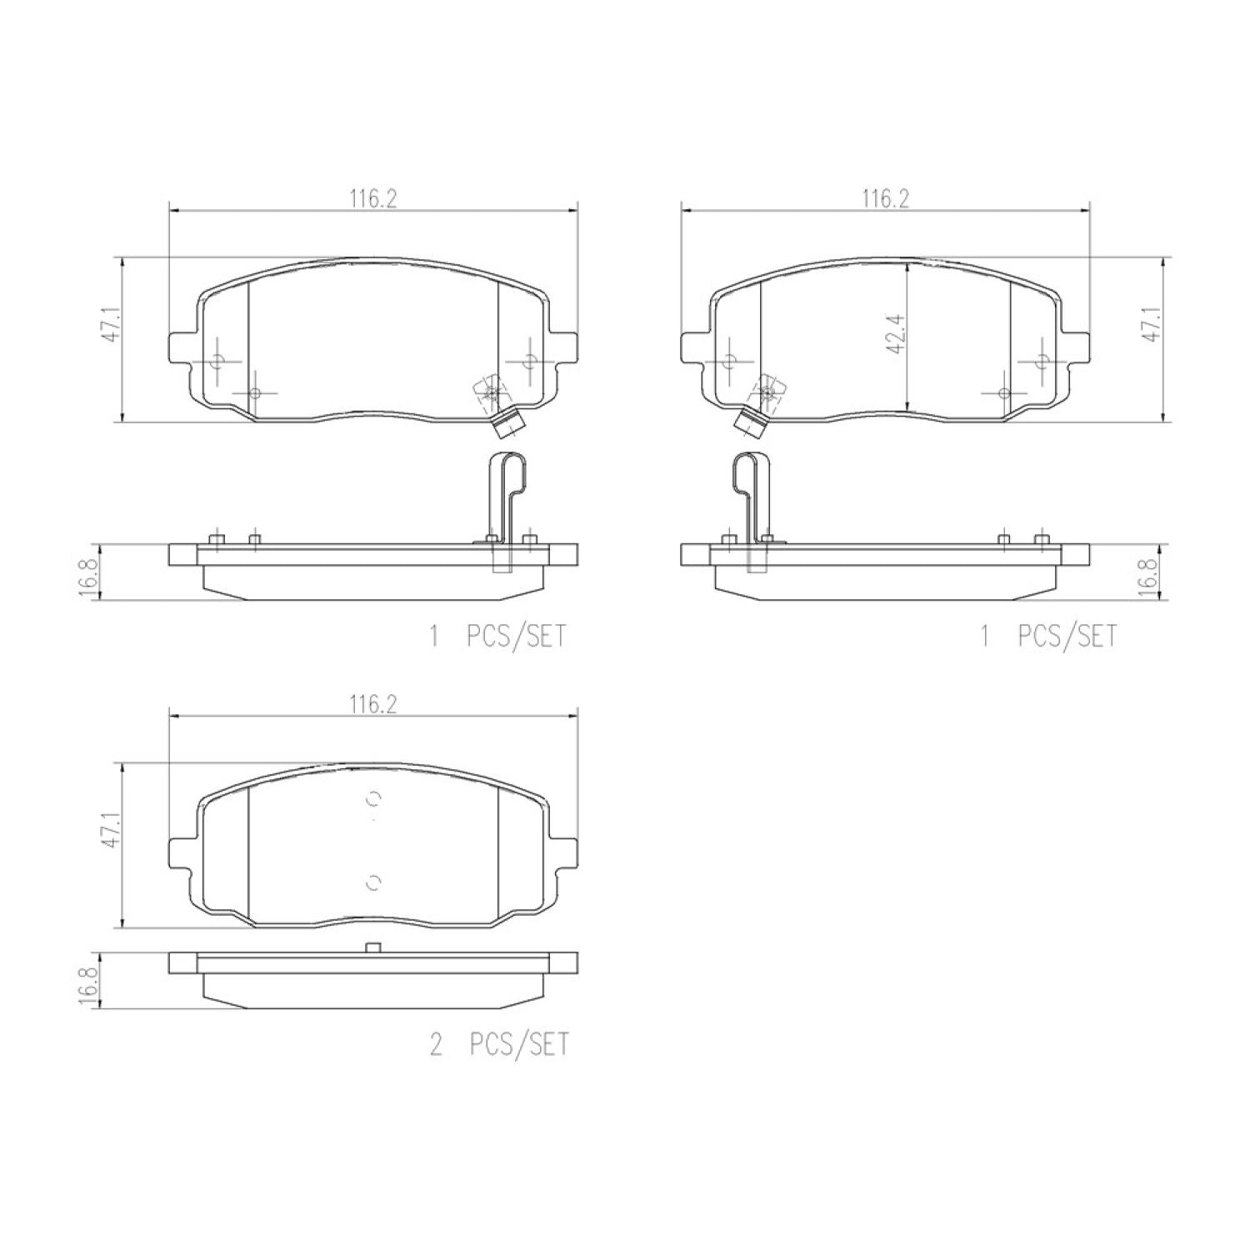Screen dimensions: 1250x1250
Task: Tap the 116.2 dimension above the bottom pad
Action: (x=373, y=704)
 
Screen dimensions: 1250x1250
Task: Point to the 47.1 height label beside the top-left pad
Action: (x=112, y=324)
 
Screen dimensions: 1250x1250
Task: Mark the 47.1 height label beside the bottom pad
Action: (x=112, y=831)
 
